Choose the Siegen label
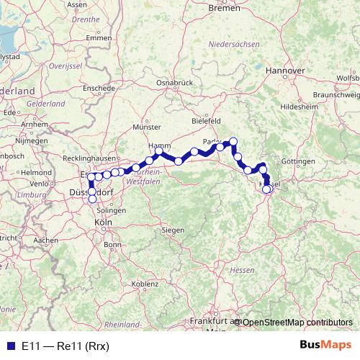[x=172, y=230]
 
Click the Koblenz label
[x=145, y=284]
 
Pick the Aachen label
[x=45, y=240]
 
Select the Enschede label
[x=99, y=88]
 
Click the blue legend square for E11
[x=9, y=346]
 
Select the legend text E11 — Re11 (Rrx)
[x=65, y=346]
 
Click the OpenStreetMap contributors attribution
[x=297, y=322]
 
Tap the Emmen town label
[x=93, y=37]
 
